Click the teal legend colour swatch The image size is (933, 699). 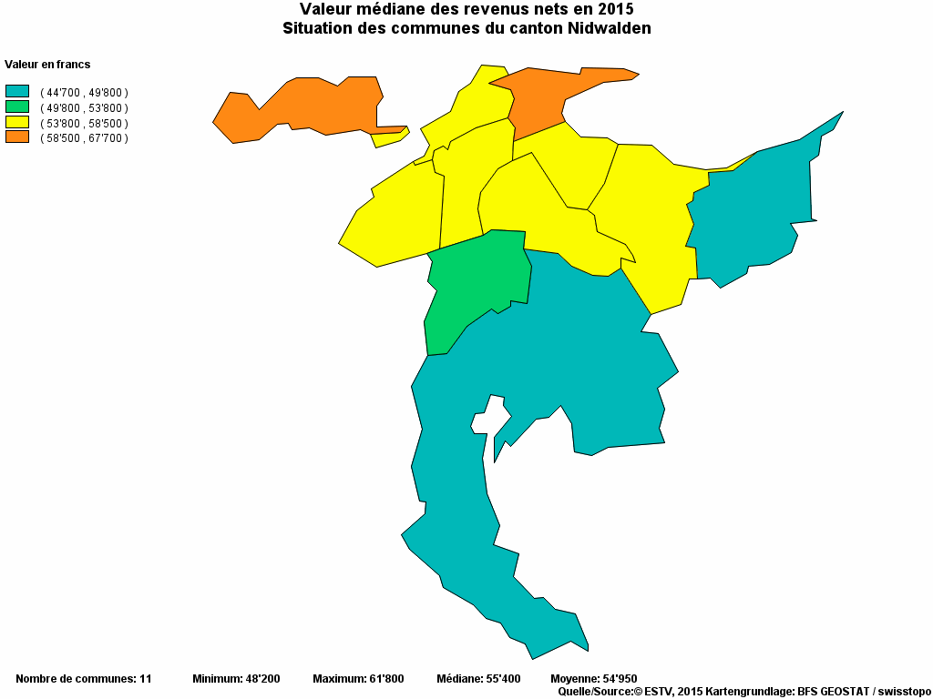click(17, 91)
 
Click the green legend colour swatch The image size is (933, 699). click(17, 106)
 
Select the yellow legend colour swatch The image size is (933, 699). click(17, 122)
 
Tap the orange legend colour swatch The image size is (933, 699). click(17, 137)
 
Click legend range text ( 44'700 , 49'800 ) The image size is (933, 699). click(84, 93)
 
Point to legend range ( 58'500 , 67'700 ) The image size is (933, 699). click(84, 138)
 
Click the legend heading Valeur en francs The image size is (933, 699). click(47, 65)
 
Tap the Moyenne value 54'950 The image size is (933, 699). click(617, 679)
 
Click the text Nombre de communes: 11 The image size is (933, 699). click(84, 679)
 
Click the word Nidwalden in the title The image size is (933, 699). click(608, 28)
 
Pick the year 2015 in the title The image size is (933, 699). click(615, 9)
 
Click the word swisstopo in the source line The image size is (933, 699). click(903, 692)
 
